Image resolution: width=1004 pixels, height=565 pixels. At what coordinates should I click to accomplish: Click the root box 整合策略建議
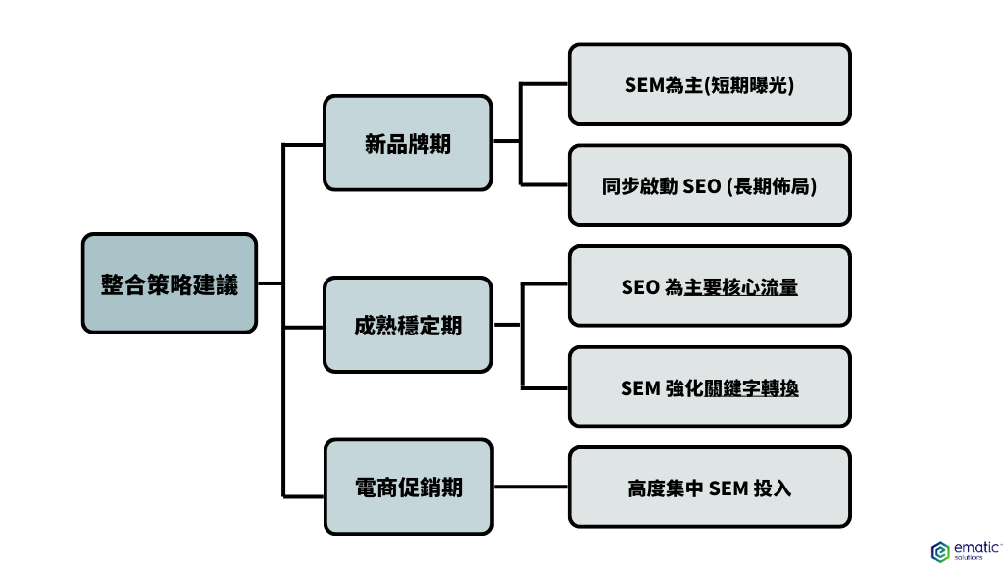click(x=170, y=283)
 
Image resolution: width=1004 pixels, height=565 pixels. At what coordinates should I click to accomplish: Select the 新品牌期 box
click(x=408, y=142)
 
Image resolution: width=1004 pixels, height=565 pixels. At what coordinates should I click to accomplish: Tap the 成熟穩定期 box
click(x=408, y=326)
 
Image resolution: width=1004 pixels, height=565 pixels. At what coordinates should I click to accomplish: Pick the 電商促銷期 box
click(x=408, y=487)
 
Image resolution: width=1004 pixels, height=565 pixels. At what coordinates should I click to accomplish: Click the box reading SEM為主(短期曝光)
click(x=709, y=84)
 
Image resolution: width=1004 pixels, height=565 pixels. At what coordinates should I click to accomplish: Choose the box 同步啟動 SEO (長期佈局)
click(x=709, y=185)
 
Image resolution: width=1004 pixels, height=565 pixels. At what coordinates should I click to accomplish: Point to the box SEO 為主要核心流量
click(x=709, y=286)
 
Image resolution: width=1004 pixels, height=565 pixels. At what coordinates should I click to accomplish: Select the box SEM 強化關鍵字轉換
click(x=709, y=387)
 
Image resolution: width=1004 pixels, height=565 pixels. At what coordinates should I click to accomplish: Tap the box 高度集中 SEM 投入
click(x=709, y=488)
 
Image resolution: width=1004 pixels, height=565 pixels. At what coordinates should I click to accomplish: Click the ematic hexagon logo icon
click(x=939, y=550)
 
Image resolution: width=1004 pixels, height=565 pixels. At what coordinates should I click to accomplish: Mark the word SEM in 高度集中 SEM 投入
click(x=728, y=488)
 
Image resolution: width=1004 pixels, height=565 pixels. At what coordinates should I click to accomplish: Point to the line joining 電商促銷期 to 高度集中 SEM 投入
click(x=529, y=488)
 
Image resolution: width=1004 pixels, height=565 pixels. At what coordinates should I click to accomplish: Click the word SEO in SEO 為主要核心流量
click(x=640, y=287)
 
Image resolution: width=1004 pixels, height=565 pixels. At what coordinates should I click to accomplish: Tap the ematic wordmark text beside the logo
click(x=971, y=548)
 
